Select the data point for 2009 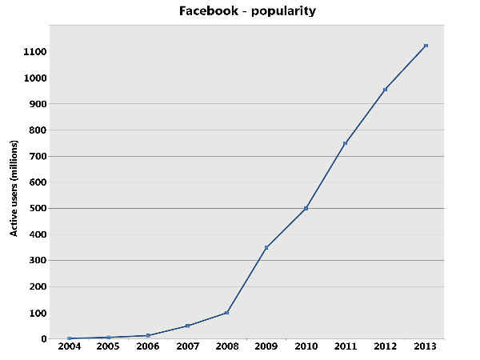click(x=266, y=247)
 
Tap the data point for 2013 click(x=426, y=46)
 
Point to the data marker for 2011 click(x=346, y=143)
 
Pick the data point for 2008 click(x=227, y=312)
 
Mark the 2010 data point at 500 click(x=306, y=208)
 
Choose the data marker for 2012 click(x=385, y=90)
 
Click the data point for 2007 click(x=188, y=326)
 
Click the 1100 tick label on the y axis click(x=35, y=52)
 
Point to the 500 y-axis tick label click(x=38, y=208)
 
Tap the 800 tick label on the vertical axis click(x=38, y=130)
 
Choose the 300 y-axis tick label click(x=38, y=260)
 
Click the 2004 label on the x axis click(x=70, y=348)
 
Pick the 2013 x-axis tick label click(x=426, y=348)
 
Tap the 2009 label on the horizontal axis click(x=267, y=348)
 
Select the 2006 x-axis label click(x=149, y=348)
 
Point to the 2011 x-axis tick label click(x=346, y=348)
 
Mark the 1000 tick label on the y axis click(x=35, y=78)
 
